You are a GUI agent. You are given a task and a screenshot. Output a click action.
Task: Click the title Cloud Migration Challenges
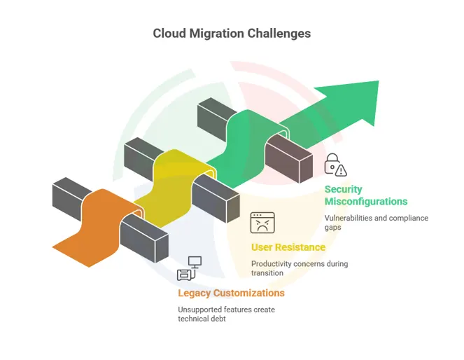click(x=232, y=33)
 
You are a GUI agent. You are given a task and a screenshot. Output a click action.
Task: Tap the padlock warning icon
click(x=335, y=165)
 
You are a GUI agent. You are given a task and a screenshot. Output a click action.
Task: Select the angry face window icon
click(x=262, y=223)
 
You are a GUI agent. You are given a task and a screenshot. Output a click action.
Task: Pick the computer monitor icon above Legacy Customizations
click(x=190, y=269)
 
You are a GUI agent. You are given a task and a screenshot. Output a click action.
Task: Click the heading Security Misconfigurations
click(x=365, y=195)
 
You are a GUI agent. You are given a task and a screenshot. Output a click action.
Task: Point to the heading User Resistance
click(x=288, y=247)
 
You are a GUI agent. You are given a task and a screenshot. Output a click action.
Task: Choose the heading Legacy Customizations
click(x=231, y=293)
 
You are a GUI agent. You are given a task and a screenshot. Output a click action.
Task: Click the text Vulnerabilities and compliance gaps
click(x=376, y=223)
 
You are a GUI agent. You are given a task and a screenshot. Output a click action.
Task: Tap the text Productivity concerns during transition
click(x=299, y=268)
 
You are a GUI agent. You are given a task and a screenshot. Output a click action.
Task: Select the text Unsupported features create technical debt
click(x=225, y=314)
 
